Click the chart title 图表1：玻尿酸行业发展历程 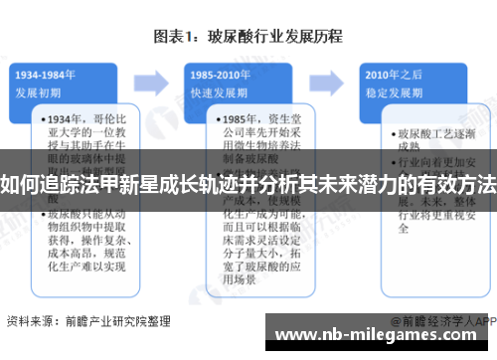click(248, 37)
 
